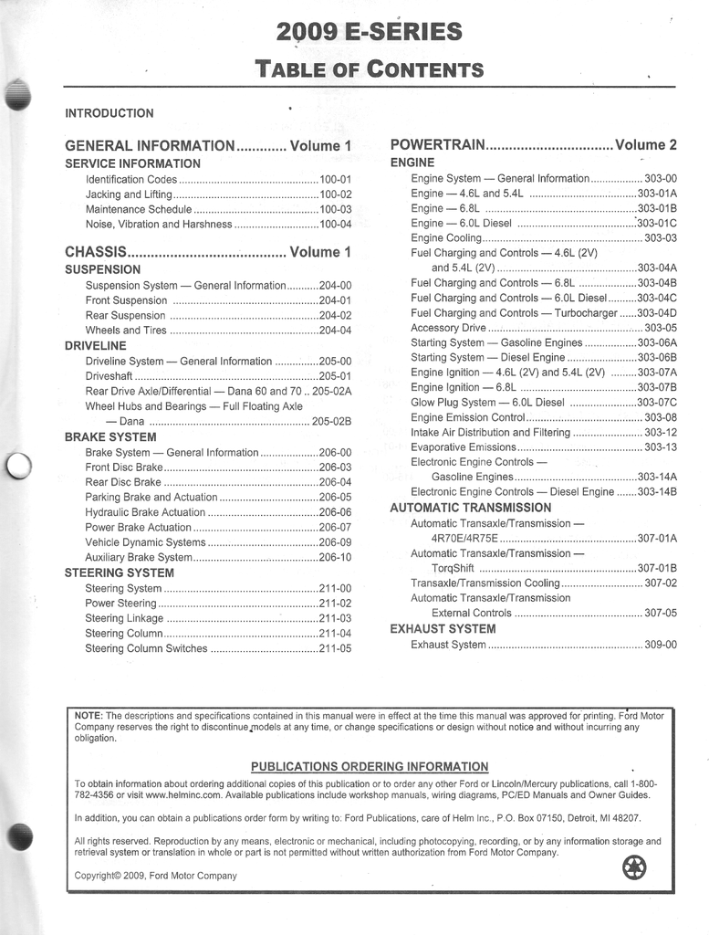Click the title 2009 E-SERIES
pyautogui.click(x=369, y=34)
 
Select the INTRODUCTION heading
pyautogui.click(x=109, y=113)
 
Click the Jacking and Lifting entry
pyautogui.click(x=129, y=194)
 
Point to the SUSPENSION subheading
pyautogui.click(x=102, y=270)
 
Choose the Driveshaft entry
pyautogui.click(x=109, y=376)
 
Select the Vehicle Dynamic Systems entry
pyautogui.click(x=145, y=542)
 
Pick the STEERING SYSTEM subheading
pyautogui.click(x=119, y=573)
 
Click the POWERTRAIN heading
pyautogui.click(x=436, y=145)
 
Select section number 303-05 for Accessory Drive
pyautogui.click(x=661, y=328)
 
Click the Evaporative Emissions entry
pyautogui.click(x=464, y=447)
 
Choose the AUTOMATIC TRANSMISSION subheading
pyautogui.click(x=470, y=508)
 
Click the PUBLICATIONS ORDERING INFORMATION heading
pyautogui.click(x=370, y=766)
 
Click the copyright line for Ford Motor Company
pyautogui.click(x=155, y=876)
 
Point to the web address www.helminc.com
pyautogui.click(x=183, y=795)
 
